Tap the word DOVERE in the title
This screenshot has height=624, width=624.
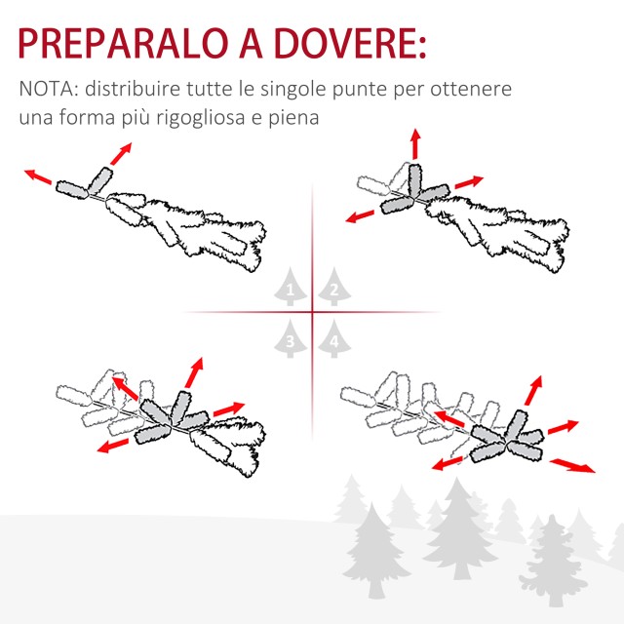(x=340, y=43)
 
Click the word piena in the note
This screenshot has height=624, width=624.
(x=293, y=118)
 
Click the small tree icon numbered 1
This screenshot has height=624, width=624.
(x=291, y=287)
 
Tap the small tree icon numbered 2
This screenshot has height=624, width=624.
(x=334, y=287)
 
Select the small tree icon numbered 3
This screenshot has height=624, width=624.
(x=291, y=338)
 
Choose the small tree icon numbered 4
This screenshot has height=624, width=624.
(x=334, y=338)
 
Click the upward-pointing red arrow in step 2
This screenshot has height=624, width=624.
(x=416, y=143)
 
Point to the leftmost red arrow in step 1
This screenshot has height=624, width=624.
(x=38, y=177)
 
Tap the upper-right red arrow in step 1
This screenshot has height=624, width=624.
(x=121, y=154)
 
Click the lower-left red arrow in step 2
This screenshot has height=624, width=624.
(x=360, y=216)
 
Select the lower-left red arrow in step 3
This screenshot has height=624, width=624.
(x=113, y=446)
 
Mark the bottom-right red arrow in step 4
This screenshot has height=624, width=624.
(x=572, y=466)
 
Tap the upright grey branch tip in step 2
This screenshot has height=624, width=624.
(x=414, y=180)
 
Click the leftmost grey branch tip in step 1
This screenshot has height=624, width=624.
(x=71, y=189)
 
